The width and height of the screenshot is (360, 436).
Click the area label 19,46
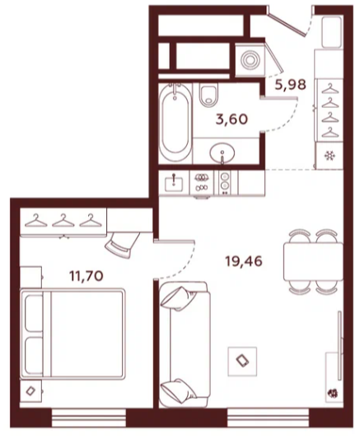244,261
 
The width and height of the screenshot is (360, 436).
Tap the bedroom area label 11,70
86,276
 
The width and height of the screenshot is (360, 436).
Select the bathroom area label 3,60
231,120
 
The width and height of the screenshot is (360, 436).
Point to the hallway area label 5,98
291,85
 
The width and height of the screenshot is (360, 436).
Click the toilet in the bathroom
208,95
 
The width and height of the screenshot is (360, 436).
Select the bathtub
175,122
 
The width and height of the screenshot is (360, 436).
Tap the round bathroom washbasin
222,153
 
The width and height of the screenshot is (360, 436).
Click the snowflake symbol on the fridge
330,156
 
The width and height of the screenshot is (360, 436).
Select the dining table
313,261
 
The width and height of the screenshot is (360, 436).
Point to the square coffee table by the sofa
242,362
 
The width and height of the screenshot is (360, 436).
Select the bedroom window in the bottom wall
89,418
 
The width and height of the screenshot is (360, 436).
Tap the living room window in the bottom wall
268,418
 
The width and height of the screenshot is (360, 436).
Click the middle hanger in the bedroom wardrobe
63,220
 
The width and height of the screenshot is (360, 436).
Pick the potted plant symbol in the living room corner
333,393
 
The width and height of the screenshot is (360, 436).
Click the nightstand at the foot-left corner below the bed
30,391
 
